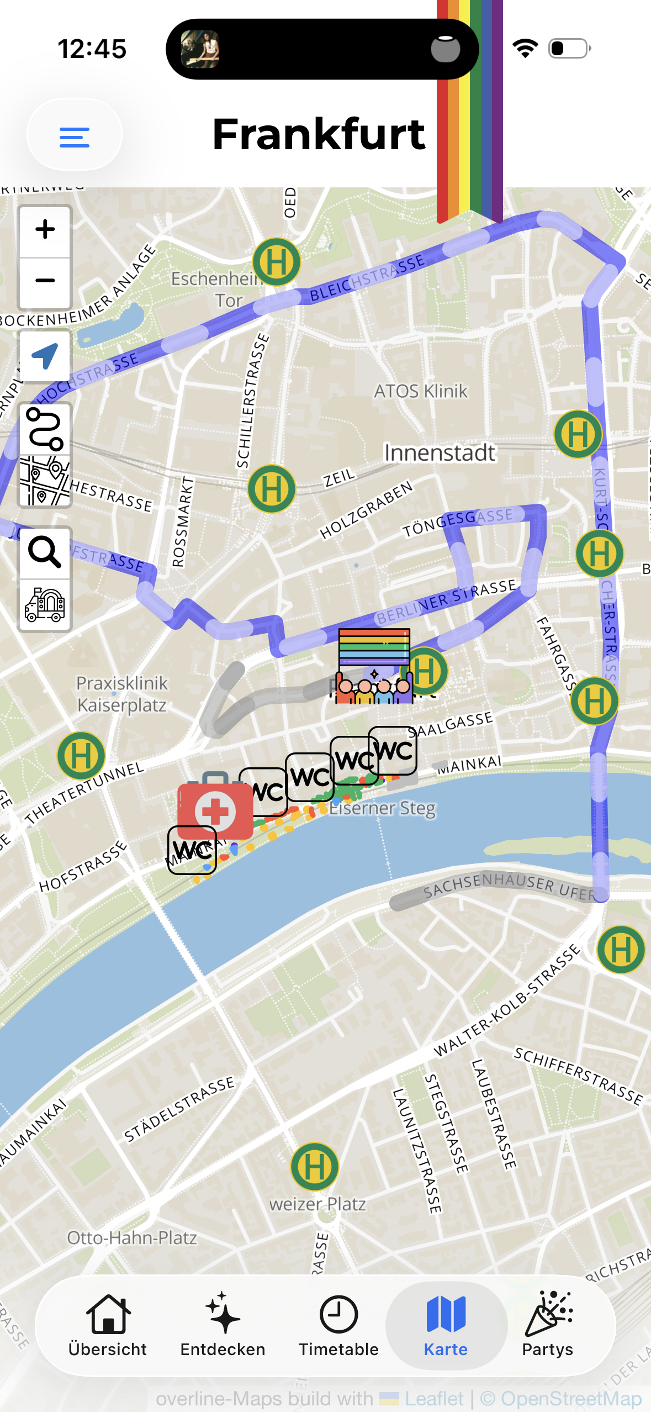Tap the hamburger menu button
tap(74, 136)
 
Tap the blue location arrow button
tap(45, 356)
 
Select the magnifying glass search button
tap(45, 552)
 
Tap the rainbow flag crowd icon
tap(374, 666)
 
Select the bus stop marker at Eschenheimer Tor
tap(276, 262)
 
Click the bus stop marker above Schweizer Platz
tap(315, 1166)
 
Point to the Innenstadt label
tap(440, 453)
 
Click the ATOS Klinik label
tap(421, 391)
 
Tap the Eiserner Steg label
tap(382, 808)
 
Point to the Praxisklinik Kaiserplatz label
tap(121, 694)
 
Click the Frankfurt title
tap(319, 134)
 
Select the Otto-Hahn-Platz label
tap(132, 1237)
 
